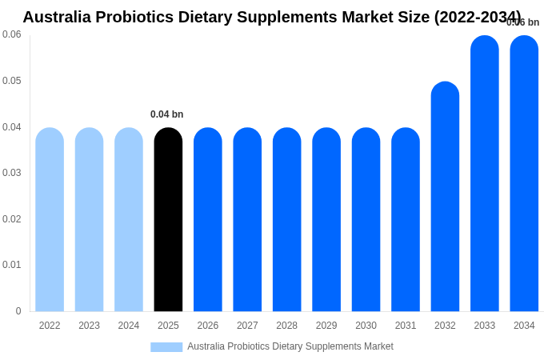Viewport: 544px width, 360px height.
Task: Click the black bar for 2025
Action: point(168,220)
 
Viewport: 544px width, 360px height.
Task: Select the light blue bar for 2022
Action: point(50,220)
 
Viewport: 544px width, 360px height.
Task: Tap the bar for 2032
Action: point(445,197)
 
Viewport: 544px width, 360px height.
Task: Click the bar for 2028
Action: point(286,220)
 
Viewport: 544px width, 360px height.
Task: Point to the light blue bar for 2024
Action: point(129,220)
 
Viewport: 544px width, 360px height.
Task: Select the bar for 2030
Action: point(366,220)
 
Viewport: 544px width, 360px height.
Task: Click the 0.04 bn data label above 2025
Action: point(167,114)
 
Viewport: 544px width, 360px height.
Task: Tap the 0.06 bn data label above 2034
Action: point(523,22)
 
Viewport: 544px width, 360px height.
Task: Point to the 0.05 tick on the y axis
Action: point(12,81)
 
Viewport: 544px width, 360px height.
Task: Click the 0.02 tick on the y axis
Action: point(12,219)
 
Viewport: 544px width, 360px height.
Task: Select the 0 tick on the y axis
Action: point(18,311)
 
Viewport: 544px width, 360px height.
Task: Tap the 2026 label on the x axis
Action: point(208,326)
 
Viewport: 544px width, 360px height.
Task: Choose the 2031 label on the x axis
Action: point(406,326)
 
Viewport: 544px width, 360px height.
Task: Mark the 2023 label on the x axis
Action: point(89,326)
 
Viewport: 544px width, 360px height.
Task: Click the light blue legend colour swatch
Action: point(166,347)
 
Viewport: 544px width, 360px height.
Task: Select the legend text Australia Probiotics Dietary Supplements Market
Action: point(290,346)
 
